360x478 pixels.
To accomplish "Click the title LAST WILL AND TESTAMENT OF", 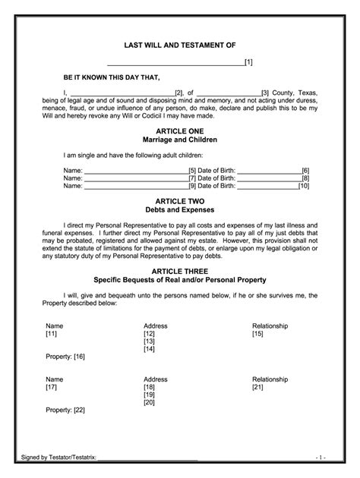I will tap(179, 46).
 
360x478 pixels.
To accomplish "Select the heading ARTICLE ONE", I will tap(180, 131).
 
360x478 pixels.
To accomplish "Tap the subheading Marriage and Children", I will tap(180, 140).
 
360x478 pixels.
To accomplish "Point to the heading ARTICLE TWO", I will tap(180, 200).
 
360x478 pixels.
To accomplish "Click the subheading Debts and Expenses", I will tap(180, 209).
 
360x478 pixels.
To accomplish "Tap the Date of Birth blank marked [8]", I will tap(270, 178).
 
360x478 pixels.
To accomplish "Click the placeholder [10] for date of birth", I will tap(304, 185).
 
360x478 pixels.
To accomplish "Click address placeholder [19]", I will tap(149, 395).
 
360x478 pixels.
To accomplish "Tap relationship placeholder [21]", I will tap(257, 386).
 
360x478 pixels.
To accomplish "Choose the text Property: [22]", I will tap(65, 410).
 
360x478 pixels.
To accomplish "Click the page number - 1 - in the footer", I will tap(321, 458).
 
